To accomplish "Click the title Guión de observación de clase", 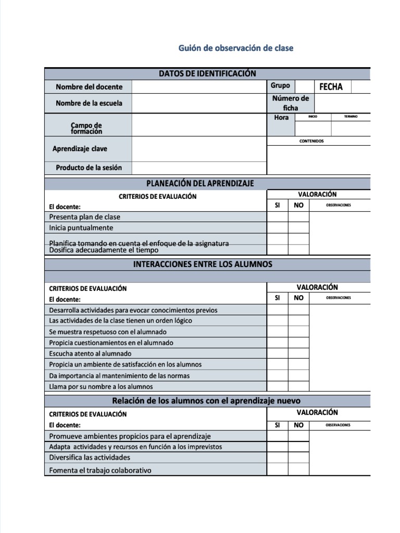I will coord(235,48).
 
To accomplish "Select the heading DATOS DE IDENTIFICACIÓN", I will coord(207,74).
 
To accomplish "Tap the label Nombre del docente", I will coord(89,87).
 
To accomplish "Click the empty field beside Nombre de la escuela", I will coord(198,103).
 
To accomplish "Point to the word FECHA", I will coord(331,87).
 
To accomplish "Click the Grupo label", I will coord(280,85).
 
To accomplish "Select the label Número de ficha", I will coord(291,103).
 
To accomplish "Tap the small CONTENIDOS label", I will coord(311,141).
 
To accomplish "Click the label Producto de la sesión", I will coord(89,168).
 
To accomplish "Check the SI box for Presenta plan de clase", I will coord(277,217).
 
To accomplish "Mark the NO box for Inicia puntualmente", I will coord(298,228).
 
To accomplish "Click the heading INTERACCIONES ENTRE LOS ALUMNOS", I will coord(203,264).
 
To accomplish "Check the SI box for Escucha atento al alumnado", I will coord(277,353).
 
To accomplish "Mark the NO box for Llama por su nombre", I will coord(298,386).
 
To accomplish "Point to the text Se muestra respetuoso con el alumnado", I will coord(108,332).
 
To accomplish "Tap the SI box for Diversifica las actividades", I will coord(277,458).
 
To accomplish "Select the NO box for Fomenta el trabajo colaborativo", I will coord(298,469).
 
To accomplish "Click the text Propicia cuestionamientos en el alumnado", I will coord(111,342).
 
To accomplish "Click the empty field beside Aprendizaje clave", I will coord(198,149).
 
